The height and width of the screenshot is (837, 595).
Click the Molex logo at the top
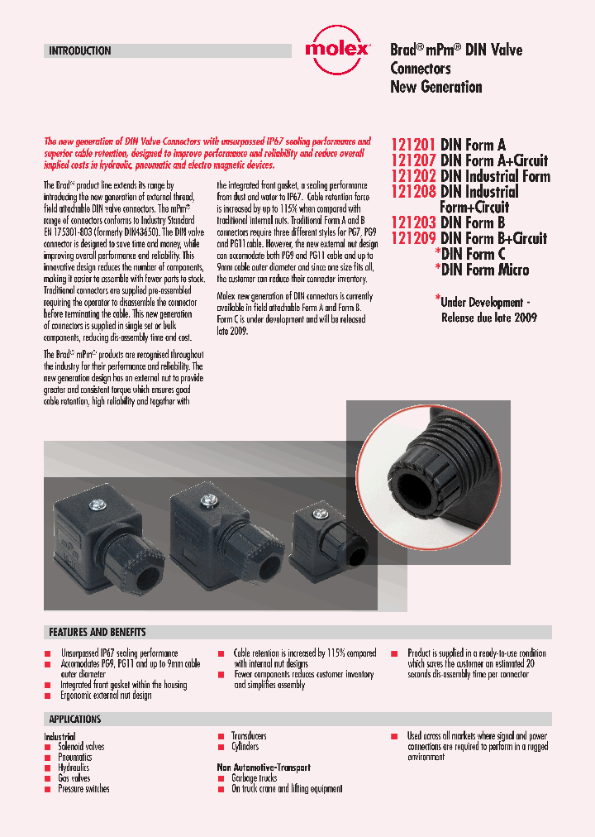337,48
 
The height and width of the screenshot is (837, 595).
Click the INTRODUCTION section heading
79,50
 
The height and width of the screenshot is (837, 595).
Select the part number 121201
413,145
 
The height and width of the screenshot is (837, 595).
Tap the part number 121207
413,160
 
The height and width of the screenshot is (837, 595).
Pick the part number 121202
413,176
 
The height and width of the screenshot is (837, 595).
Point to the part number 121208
413,192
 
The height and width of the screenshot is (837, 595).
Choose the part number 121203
413,223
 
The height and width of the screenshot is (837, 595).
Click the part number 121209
413,239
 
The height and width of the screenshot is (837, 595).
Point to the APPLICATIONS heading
75,720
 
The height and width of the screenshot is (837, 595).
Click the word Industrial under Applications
59,736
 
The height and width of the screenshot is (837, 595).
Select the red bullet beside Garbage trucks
221,778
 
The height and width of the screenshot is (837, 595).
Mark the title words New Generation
436,87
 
